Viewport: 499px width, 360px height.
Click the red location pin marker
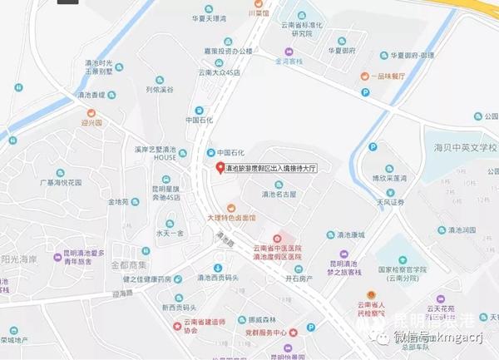click(220, 169)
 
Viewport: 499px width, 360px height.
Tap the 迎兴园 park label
click(91, 122)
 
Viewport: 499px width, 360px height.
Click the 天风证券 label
click(389, 201)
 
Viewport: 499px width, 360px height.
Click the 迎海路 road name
click(122, 293)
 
